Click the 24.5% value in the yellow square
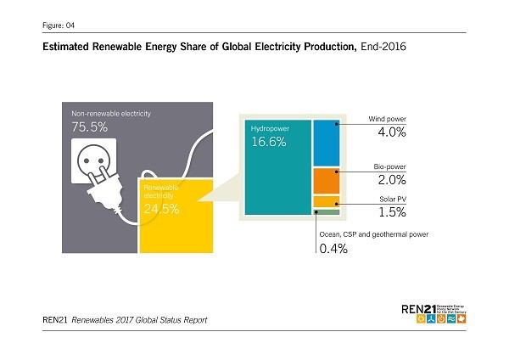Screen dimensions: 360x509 click(161, 209)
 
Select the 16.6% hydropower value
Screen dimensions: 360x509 click(266, 142)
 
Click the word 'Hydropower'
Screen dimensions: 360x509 click(269, 127)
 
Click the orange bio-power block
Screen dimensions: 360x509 click(327, 180)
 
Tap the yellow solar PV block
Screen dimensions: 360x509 click(327, 201)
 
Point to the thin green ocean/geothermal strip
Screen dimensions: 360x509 click(327, 213)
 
